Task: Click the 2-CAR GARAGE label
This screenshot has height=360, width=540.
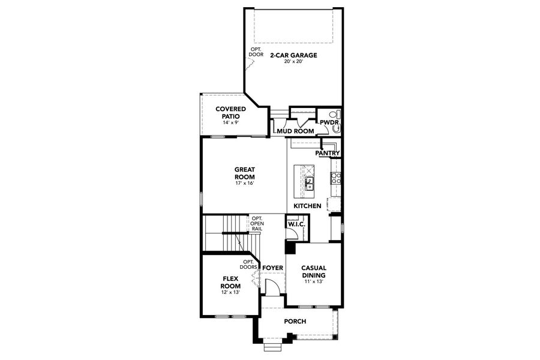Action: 293,55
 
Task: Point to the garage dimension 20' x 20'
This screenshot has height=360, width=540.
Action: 293,62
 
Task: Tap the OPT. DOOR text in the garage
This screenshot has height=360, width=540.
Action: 256,52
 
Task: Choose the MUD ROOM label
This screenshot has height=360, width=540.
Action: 295,130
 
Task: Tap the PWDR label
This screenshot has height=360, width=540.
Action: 330,123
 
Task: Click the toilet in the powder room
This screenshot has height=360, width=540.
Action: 337,114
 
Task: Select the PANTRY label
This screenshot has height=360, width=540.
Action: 328,154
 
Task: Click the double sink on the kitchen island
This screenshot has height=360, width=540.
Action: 310,183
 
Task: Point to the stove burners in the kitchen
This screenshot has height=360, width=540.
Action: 336,178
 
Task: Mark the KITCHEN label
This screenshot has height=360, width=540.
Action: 307,206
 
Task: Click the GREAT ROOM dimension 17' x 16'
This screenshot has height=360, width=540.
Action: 244,184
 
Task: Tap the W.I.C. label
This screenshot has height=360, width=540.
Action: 296,224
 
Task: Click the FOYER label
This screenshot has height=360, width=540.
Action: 272,267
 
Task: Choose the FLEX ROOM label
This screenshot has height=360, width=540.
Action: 231,282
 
